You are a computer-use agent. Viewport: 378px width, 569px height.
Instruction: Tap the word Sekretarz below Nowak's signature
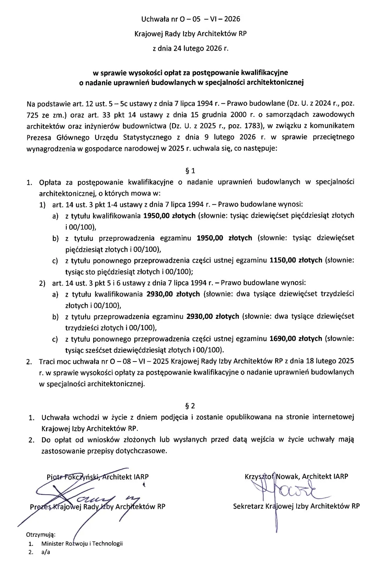click(248, 506)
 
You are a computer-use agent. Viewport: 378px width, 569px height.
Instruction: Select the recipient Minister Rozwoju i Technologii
click(82, 544)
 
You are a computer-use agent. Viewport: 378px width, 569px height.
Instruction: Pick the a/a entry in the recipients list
click(45, 552)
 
